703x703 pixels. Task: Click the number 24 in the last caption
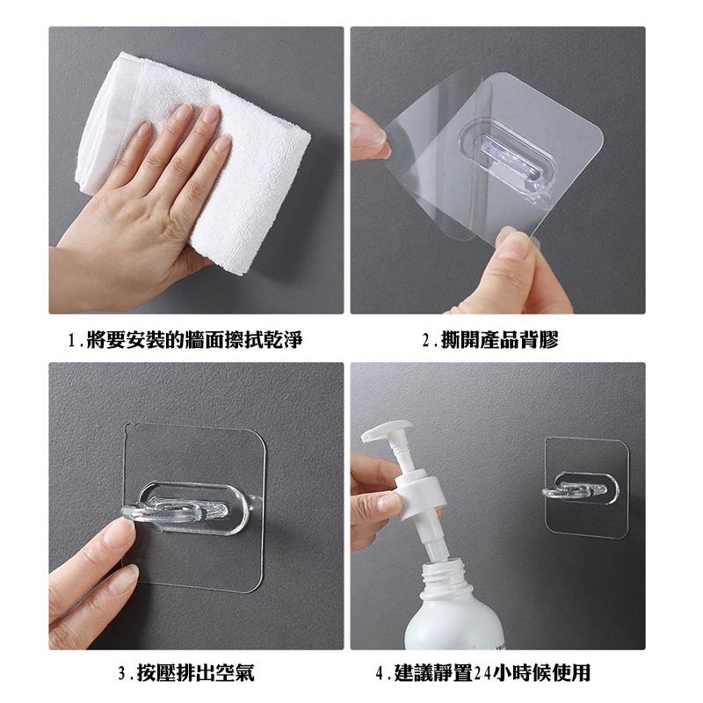coord(482,673)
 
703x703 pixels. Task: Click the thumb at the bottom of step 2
coord(516,251)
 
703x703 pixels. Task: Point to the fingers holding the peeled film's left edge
coord(369,134)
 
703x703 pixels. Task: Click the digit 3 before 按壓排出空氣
coord(121,674)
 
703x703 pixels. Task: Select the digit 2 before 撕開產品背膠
coord(426,340)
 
